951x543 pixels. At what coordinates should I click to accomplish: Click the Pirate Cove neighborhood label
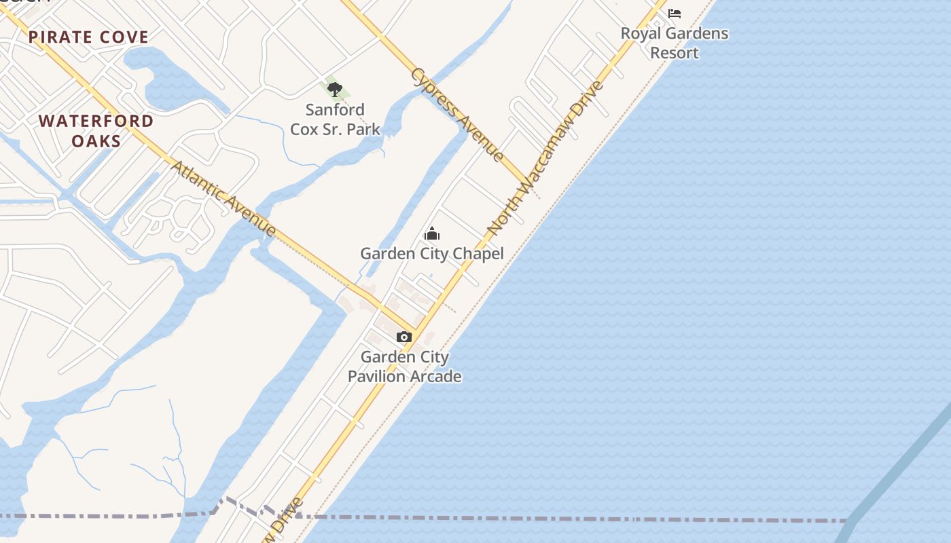tap(88, 37)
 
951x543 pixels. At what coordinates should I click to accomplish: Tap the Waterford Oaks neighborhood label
tap(96, 131)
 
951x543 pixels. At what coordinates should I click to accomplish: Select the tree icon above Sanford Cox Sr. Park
tap(334, 90)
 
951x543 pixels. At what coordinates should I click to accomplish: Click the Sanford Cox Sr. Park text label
tap(335, 119)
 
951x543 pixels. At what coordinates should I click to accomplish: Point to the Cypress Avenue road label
tap(457, 114)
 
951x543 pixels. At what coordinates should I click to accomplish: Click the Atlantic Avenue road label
tap(223, 198)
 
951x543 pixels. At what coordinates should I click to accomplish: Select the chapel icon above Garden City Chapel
tap(432, 234)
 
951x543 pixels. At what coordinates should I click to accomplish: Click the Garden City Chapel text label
tap(432, 254)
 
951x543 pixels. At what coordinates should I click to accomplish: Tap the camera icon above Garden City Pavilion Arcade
tap(404, 337)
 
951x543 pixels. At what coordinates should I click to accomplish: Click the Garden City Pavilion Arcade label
tap(405, 367)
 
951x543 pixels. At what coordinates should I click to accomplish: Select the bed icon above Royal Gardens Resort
tap(675, 13)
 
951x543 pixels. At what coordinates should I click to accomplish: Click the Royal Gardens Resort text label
tap(675, 43)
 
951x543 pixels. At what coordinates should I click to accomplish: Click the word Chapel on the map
tap(478, 254)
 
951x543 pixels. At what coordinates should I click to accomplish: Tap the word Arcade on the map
tap(435, 376)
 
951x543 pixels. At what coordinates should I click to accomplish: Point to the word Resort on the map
tap(675, 53)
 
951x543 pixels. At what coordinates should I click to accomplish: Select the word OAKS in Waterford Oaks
tap(96, 141)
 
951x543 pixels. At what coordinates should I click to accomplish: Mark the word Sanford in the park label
tap(335, 109)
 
